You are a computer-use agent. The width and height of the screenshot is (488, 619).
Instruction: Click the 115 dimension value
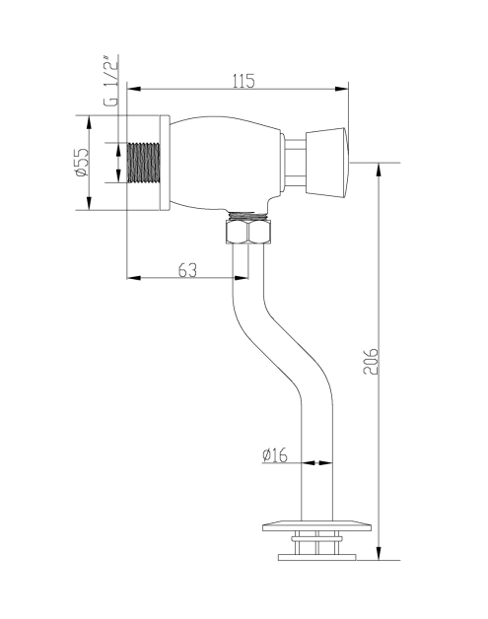click(244, 81)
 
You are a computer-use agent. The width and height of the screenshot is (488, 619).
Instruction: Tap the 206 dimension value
click(371, 361)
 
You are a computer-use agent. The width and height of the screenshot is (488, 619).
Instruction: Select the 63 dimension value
click(187, 270)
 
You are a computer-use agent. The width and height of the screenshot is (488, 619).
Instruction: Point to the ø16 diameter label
click(275, 455)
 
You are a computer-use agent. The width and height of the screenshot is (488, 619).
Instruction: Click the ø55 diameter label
click(81, 162)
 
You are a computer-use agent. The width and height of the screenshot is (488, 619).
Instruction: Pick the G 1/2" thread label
click(110, 82)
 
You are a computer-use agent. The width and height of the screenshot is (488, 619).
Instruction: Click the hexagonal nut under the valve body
click(248, 232)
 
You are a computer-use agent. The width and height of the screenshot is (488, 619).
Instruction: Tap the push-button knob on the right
click(327, 163)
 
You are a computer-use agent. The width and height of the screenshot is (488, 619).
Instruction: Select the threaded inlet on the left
click(144, 163)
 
